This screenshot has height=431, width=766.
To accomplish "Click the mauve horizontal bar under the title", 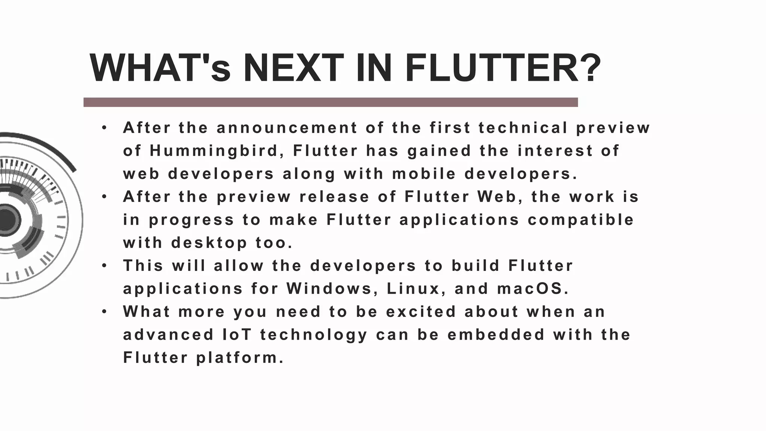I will coord(331,102).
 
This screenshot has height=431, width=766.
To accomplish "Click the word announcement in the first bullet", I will coord(287,128).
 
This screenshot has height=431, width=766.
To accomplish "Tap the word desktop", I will coord(209,243).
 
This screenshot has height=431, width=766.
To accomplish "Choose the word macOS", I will coord(533,289).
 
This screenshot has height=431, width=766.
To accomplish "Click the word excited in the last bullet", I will coord(421,312).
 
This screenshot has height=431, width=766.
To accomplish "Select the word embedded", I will coord(496,335).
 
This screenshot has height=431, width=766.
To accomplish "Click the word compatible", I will coord(580,220).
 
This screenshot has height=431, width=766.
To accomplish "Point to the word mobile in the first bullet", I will coord(424,174).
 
